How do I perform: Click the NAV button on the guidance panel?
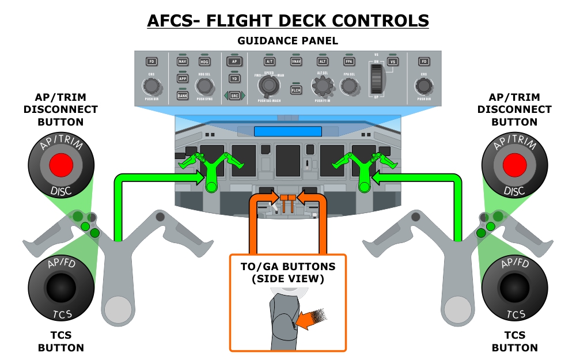[x=183, y=61]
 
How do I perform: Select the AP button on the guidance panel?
[x=234, y=61]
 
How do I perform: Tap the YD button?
[x=234, y=78]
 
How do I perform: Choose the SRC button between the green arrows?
[x=234, y=95]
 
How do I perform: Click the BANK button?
[x=183, y=95]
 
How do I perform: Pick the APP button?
[x=183, y=78]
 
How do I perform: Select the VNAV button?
[x=296, y=61]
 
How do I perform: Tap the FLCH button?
[x=296, y=90]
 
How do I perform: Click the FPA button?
[x=349, y=61]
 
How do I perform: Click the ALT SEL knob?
[x=322, y=86]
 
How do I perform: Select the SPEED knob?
[x=268, y=86]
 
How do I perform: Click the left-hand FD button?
[x=151, y=61]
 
